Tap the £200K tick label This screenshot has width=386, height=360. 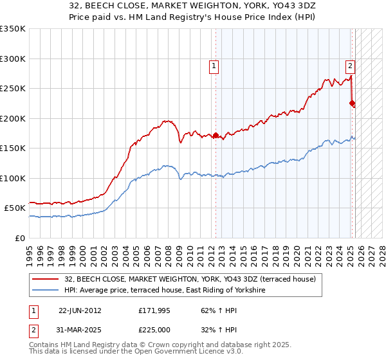tap(13, 118)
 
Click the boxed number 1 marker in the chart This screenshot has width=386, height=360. tap(213, 64)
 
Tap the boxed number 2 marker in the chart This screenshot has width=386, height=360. tap(350, 64)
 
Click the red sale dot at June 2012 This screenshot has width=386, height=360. tap(216, 136)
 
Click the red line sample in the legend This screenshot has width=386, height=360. tap(46, 279)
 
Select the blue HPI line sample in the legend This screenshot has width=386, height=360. tap(46, 291)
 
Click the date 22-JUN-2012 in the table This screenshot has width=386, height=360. tap(80, 310)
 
